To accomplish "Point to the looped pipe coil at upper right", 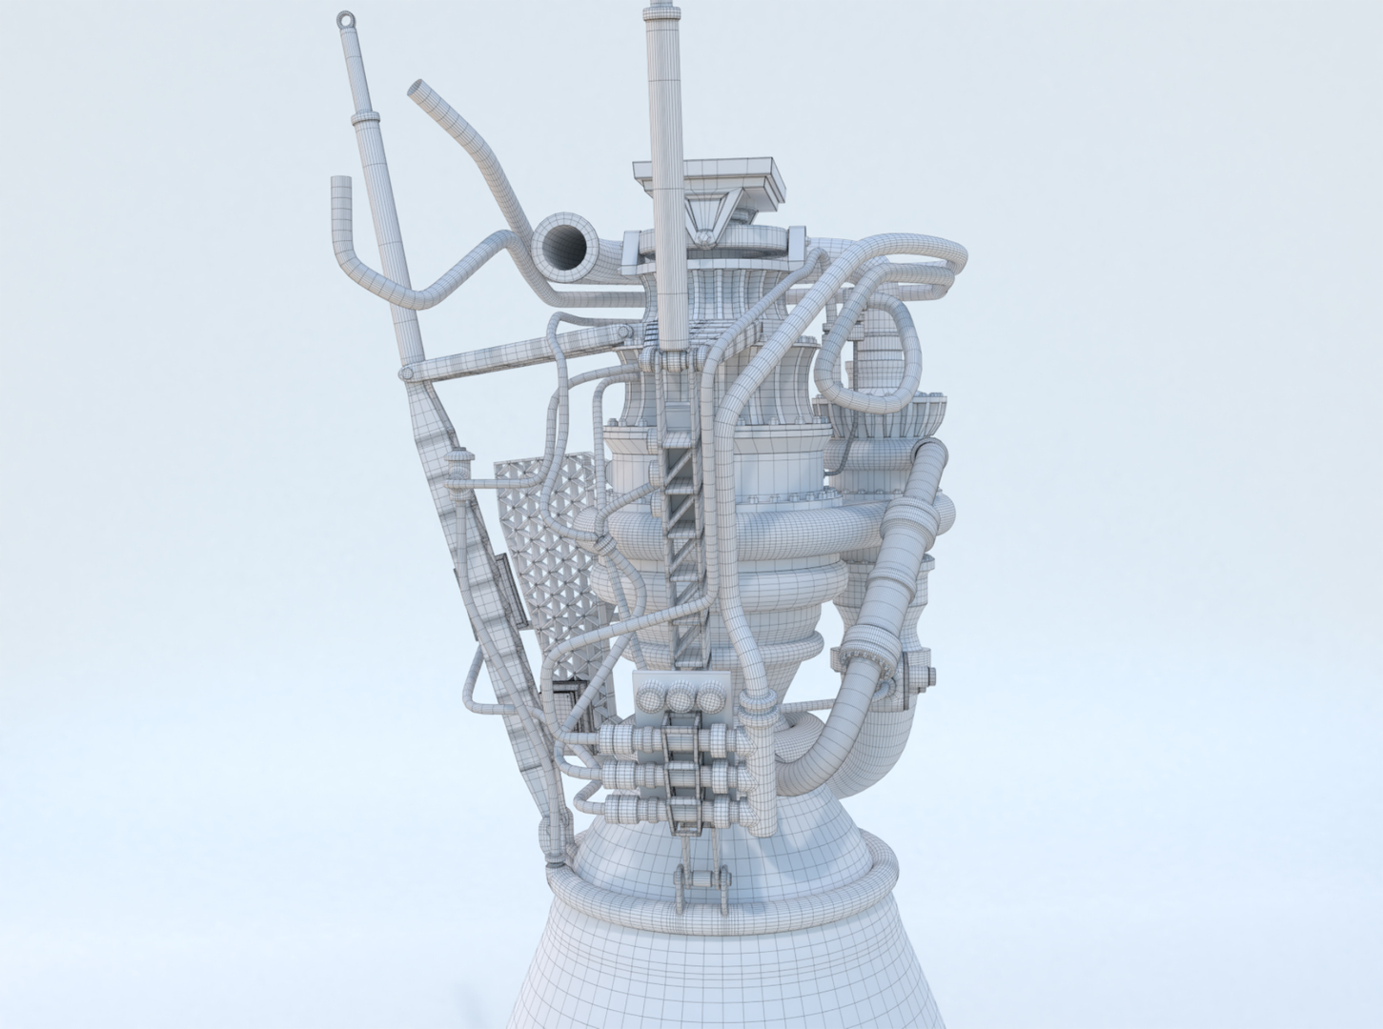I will click(x=882, y=353).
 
